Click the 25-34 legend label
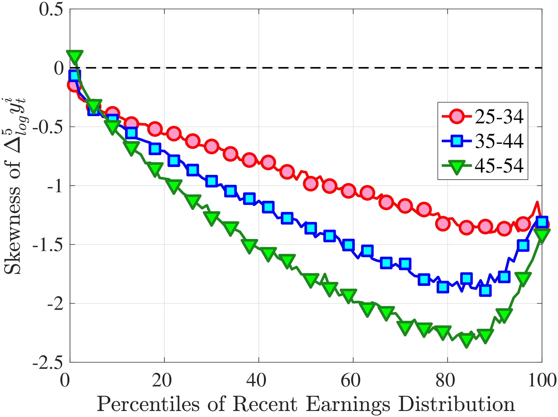pos(499,117)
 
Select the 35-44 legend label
pos(499,141)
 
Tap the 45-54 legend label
pos(499,165)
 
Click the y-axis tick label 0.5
pos(51,10)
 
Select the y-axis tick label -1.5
pos(47,245)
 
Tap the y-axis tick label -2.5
pos(47,363)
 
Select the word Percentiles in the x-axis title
pos(148,404)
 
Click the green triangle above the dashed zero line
pos(75,56)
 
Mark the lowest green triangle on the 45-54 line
pos(467,340)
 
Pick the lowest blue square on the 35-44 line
pos(485,291)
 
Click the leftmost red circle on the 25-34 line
pos(74,85)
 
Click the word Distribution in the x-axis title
pos(457,404)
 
